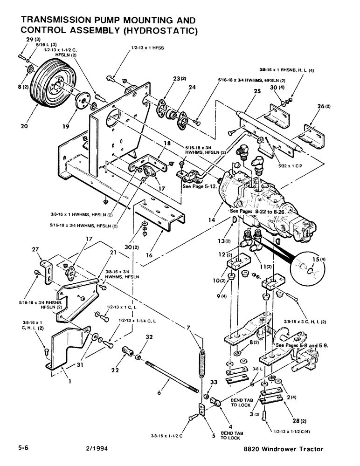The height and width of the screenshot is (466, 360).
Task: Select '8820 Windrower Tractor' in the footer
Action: [x=283, y=449]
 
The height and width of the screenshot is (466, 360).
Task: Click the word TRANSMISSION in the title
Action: [x=60, y=21]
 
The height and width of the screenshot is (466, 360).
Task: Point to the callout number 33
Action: [x=213, y=382]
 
